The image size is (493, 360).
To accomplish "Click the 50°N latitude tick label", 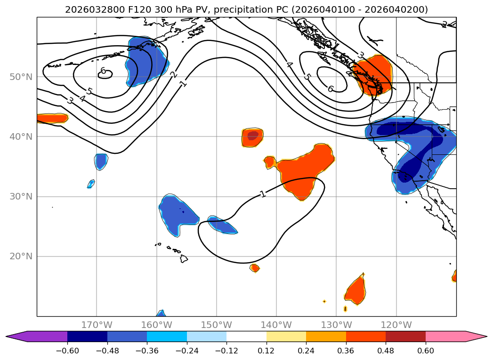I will pos(21,77).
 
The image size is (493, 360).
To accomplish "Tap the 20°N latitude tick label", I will pos(21,256).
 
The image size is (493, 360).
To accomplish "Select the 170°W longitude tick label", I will pos(97,325).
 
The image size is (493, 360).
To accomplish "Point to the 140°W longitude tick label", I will pos(276,325).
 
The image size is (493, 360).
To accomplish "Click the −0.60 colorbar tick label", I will pos(68,351).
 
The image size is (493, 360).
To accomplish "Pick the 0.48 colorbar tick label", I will pos(386,351).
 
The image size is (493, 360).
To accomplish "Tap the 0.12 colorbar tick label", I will pos(267,351).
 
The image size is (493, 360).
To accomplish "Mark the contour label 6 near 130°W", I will pos(330,88).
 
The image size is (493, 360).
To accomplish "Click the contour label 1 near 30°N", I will pos(263,193).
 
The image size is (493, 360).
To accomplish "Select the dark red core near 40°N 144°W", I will pos(253,136).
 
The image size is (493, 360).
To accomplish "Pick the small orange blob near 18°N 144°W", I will pos(255,268).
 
